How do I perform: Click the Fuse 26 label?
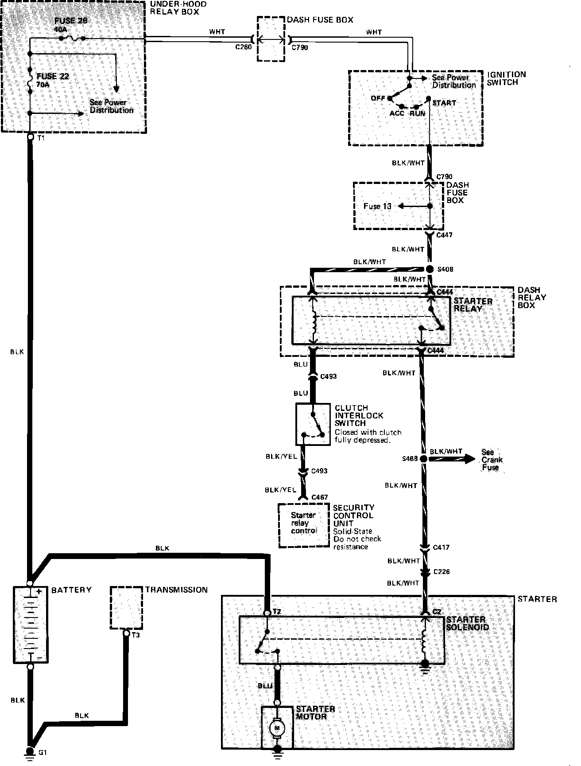71,21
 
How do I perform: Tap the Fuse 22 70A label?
52,80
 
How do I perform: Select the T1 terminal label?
41,138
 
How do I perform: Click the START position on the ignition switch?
444,103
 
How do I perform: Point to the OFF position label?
378,98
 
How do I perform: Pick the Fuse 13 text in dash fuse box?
377,206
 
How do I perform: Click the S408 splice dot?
430,269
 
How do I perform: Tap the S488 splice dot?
423,459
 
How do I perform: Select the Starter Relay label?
473,305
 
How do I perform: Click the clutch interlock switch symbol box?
313,424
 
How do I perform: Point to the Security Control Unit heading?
353,515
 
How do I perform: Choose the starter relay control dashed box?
304,525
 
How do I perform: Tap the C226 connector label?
442,572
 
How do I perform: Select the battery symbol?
31,625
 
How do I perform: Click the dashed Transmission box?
126,608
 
